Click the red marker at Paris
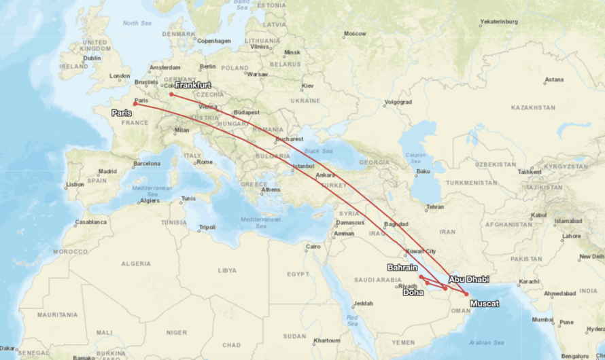(x=135, y=104)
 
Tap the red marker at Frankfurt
(x=171, y=94)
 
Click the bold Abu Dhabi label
(x=468, y=279)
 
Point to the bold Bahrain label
(x=402, y=268)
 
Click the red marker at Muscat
(x=466, y=294)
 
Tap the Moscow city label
(x=355, y=33)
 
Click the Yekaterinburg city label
(x=499, y=22)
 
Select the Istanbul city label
(x=302, y=165)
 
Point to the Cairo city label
(x=313, y=247)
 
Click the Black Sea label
(x=318, y=150)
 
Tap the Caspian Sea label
(x=415, y=158)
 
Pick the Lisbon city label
(x=75, y=184)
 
